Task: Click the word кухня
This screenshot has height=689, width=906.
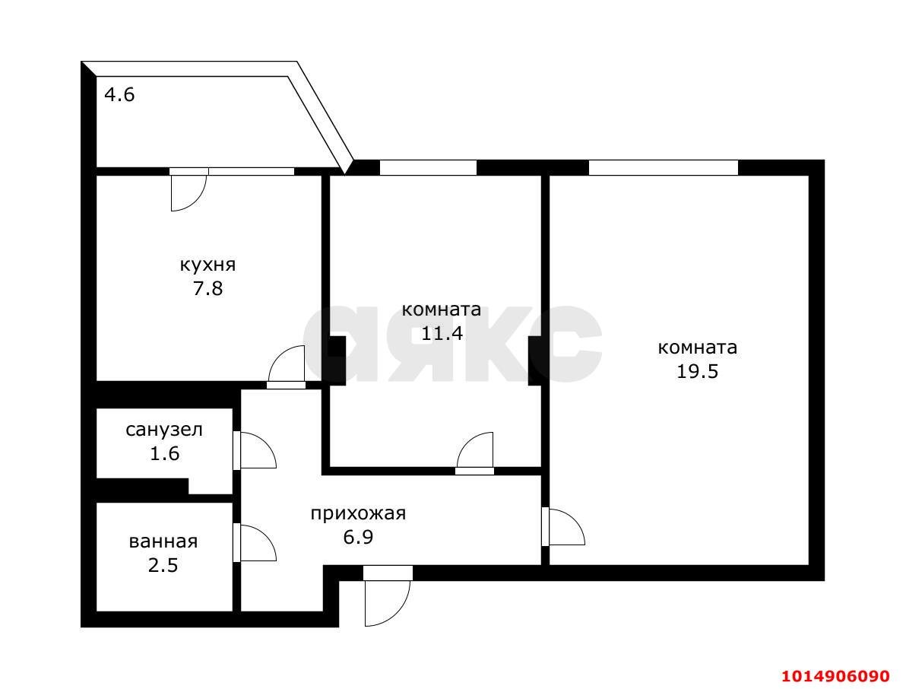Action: click(207, 265)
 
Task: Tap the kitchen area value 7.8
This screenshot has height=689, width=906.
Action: click(207, 289)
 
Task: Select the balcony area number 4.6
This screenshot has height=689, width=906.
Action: click(119, 96)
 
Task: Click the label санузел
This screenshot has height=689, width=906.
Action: click(164, 430)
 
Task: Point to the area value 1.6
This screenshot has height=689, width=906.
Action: click(164, 454)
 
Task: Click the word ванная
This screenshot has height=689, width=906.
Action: click(163, 541)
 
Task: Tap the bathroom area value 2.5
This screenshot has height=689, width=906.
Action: click(163, 566)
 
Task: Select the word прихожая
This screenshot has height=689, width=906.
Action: click(357, 513)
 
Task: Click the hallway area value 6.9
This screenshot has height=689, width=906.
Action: click(357, 538)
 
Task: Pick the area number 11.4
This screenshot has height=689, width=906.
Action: click(442, 333)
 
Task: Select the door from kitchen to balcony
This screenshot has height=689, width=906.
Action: click(188, 190)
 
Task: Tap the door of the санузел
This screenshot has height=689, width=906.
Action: click(255, 450)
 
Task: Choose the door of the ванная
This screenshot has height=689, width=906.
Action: click(255, 542)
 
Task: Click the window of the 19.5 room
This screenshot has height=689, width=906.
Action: click(663, 167)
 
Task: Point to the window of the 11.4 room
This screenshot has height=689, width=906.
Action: click(428, 167)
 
